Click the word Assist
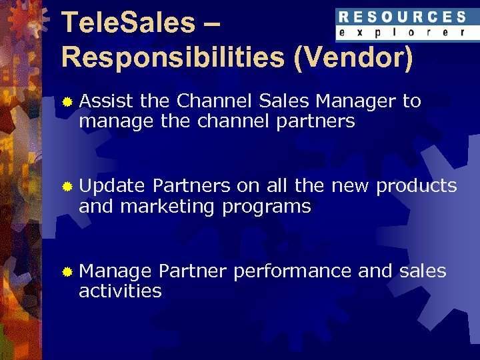[x=106, y=101]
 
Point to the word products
[x=416, y=186]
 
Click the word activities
[x=120, y=291]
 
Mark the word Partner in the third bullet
[x=193, y=271]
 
